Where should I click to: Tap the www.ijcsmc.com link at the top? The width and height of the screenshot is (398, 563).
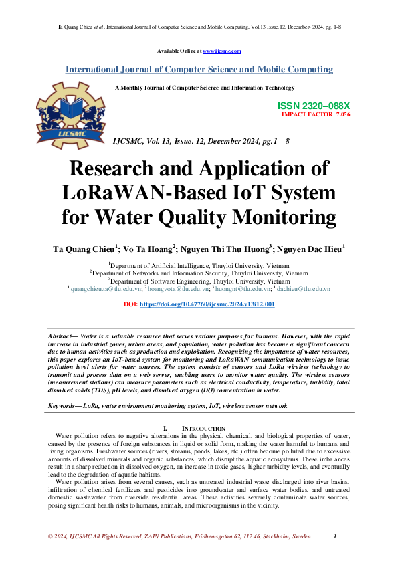[x=221, y=51]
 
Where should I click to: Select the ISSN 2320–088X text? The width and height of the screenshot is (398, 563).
[x=313, y=106]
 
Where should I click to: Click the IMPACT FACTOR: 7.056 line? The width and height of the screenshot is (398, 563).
[x=316, y=114]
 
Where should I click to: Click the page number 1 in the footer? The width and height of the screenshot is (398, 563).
[x=334, y=537]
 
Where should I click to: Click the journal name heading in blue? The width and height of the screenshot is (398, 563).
[x=199, y=69]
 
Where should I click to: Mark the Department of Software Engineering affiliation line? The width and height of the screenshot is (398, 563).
[x=199, y=281]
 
